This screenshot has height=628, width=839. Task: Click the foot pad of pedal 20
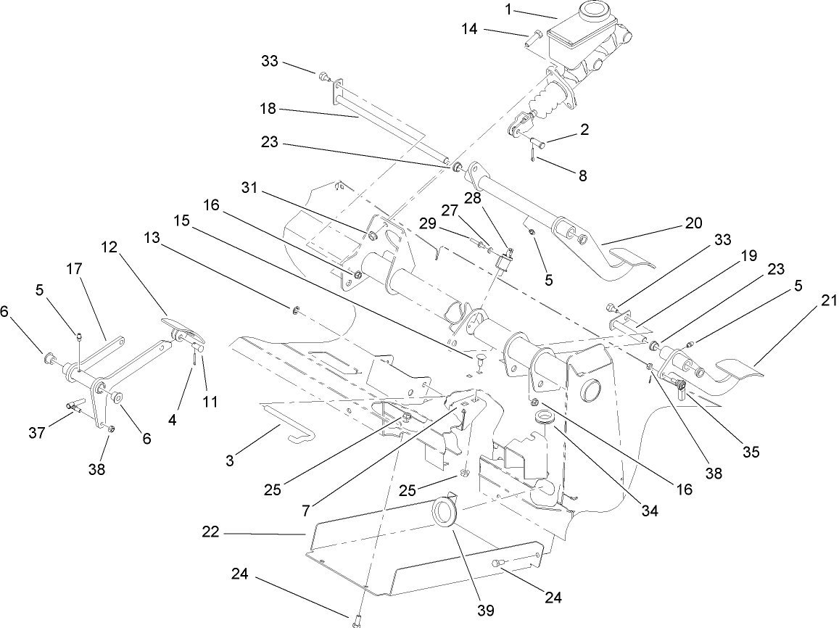tap(628, 260)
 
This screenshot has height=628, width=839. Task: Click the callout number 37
tap(37, 433)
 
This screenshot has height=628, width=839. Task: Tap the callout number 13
tap(152, 237)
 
